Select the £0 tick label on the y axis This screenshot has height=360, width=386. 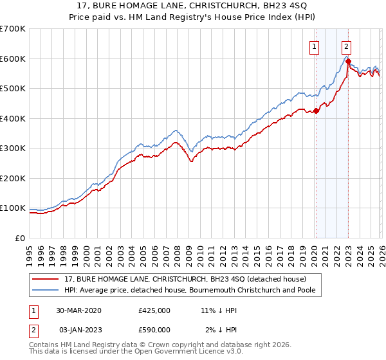point(19,238)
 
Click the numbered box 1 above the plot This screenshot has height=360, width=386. point(315,46)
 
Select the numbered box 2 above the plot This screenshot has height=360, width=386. point(346,46)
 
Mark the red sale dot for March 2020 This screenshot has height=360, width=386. point(316,111)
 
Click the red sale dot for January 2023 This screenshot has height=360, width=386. point(348,62)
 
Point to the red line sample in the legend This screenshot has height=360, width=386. point(47,279)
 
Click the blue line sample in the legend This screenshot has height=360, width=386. point(47,290)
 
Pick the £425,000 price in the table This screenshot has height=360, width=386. point(154,310)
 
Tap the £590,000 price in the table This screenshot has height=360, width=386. point(154,330)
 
